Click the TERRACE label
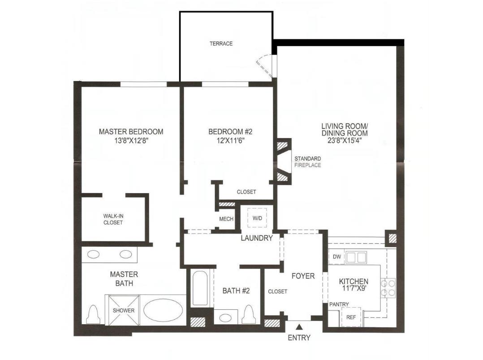click(221, 43)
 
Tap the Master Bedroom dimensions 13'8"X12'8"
click(131, 140)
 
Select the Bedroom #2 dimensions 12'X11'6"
click(230, 140)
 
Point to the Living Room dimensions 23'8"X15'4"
click(344, 140)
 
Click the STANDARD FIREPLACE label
click(307, 162)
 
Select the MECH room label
click(226, 219)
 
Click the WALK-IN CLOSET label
click(113, 219)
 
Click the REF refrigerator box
click(351, 317)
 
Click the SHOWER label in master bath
click(123, 310)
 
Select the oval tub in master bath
click(163, 310)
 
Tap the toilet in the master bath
click(94, 315)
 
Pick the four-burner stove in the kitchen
click(388, 287)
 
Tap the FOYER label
click(303, 276)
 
